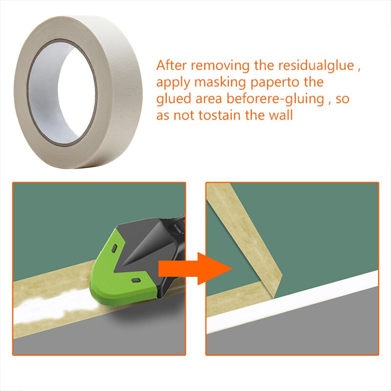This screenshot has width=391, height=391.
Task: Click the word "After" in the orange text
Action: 172,65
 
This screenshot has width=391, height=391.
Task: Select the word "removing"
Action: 220,66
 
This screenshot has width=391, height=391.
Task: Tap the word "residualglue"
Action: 316,66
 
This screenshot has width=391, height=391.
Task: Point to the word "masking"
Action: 220,82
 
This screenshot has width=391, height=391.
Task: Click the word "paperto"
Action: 275,83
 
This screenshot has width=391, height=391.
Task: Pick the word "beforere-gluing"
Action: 275,99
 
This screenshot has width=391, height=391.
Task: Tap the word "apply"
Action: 173,83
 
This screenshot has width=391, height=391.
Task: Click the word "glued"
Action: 174,99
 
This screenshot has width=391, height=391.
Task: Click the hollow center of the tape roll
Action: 63,93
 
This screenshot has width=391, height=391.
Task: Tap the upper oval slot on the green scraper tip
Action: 114,249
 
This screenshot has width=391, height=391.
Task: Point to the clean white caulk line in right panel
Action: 292,303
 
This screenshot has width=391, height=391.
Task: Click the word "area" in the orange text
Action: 209,99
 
